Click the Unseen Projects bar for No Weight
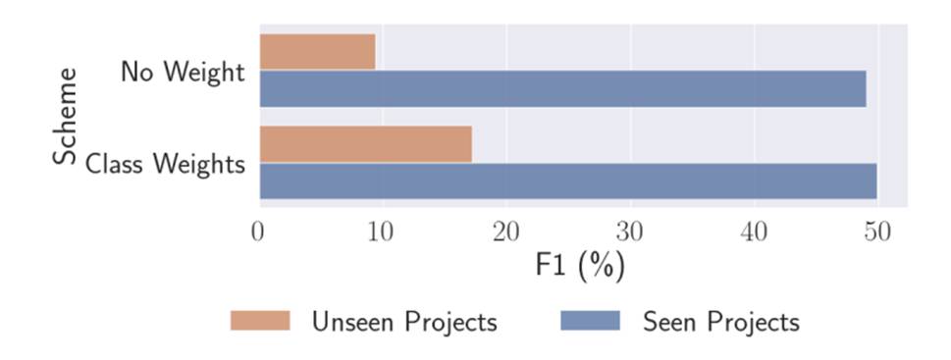point(317,52)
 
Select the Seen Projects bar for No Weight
point(562,88)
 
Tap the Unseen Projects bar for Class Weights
point(365,144)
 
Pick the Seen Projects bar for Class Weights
point(567,180)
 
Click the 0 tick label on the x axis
point(258,231)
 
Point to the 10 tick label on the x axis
point(380,231)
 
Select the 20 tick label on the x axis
point(504,231)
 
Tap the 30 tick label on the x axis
point(628,231)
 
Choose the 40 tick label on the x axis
point(753,231)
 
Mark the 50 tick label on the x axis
point(876,231)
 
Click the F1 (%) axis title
point(580,266)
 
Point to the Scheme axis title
point(66,116)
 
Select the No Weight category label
point(183,72)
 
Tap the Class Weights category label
point(165,164)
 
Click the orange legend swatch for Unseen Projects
point(260,321)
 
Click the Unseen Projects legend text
point(403,322)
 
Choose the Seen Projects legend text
point(720,322)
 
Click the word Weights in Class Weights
point(202,164)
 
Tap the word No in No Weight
point(135,72)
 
